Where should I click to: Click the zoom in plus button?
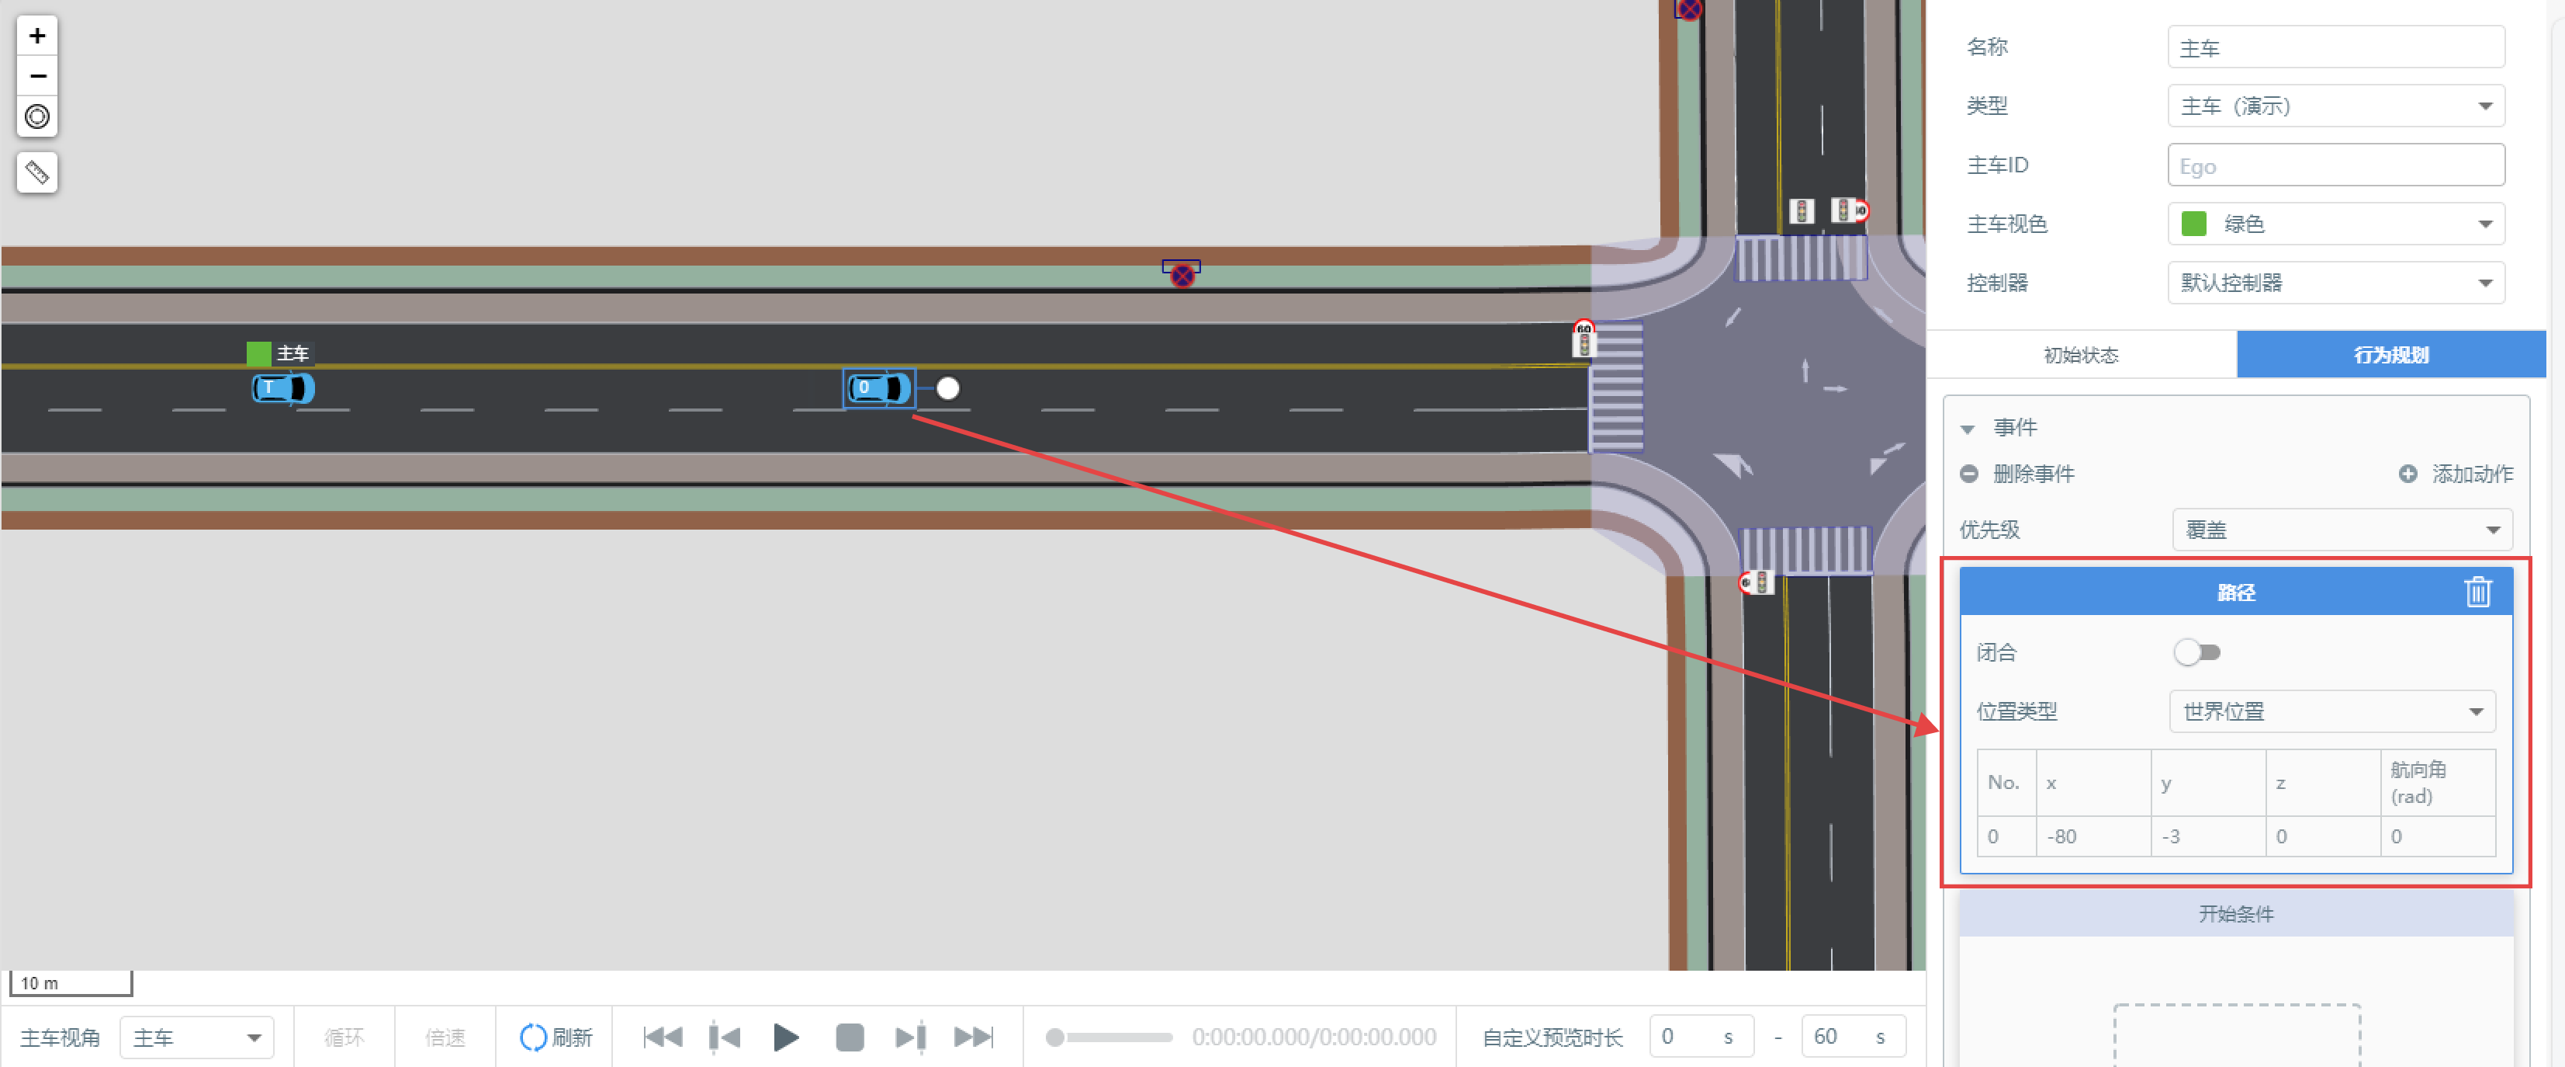click(x=36, y=36)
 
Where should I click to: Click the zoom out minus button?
click(x=36, y=76)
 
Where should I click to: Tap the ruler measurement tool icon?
click(x=36, y=172)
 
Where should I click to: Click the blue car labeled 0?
click(x=879, y=388)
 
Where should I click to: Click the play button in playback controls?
click(x=786, y=1037)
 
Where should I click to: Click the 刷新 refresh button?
click(x=556, y=1037)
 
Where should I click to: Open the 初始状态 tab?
click(x=2081, y=355)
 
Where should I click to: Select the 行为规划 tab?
click(x=2390, y=355)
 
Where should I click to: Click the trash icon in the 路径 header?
click(x=2477, y=592)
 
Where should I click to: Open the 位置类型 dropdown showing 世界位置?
click(x=2332, y=711)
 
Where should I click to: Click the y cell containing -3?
click(x=2207, y=836)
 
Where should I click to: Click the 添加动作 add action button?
click(x=2456, y=474)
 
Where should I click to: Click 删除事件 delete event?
click(x=2017, y=474)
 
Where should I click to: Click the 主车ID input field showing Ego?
click(x=2336, y=165)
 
